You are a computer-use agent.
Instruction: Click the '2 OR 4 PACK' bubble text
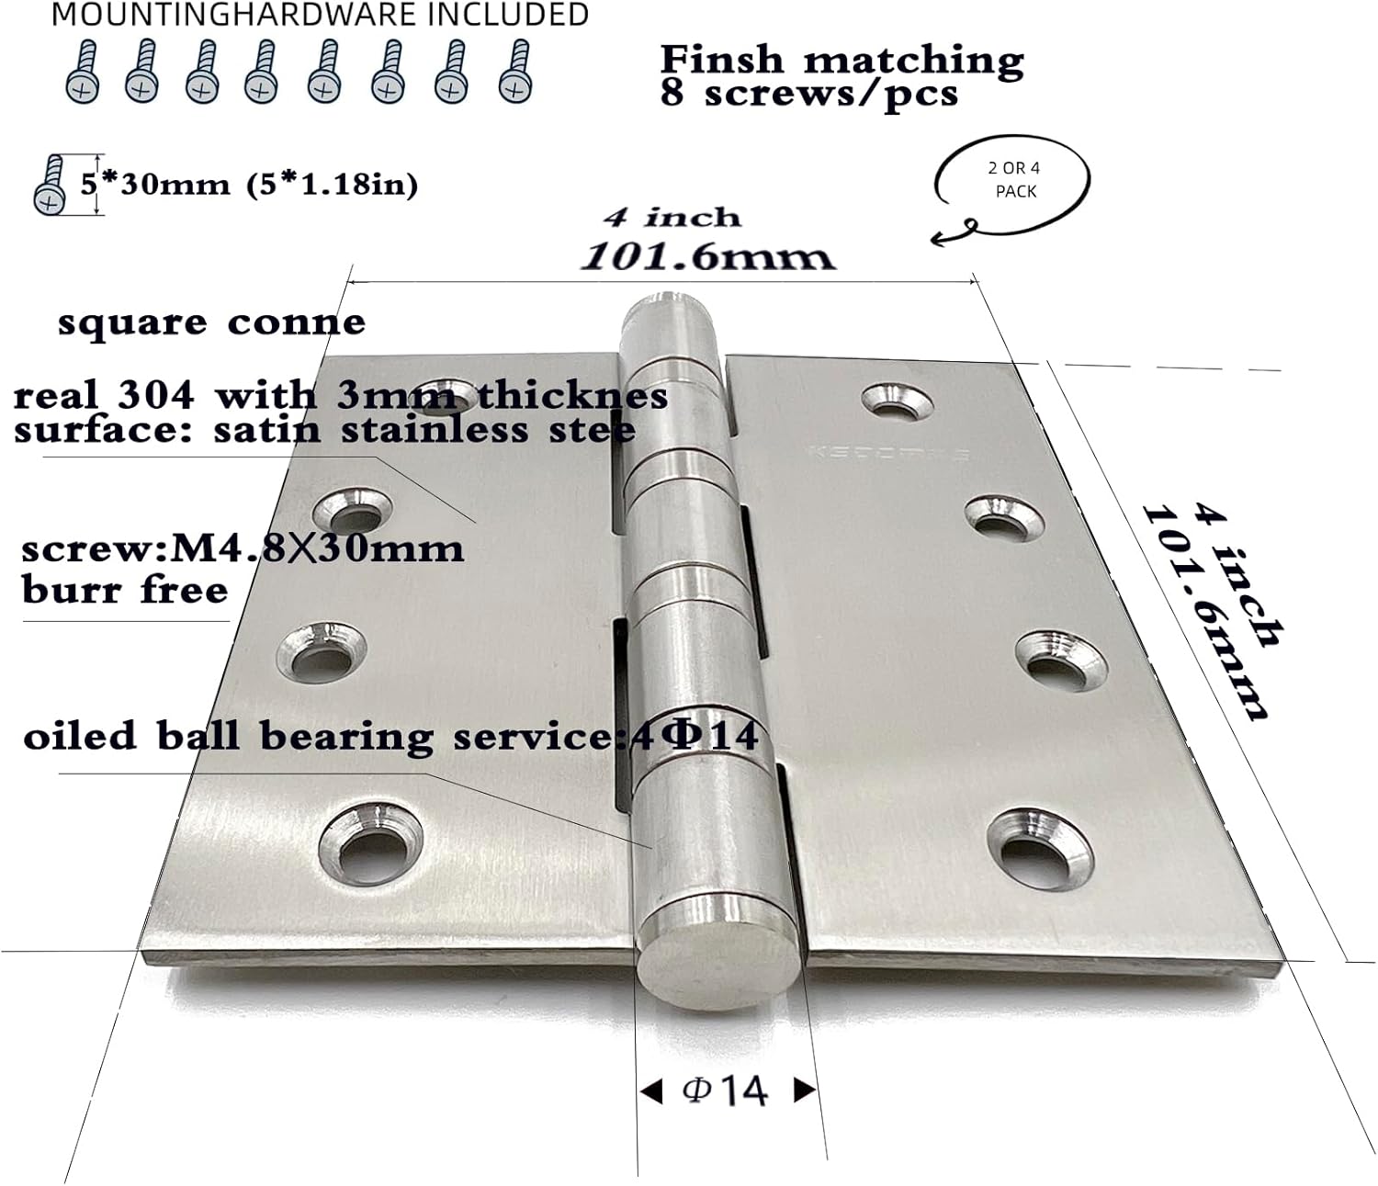pos(1013,180)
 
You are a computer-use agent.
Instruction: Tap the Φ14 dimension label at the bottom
pos(726,1090)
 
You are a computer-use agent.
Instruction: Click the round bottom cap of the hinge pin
pos(718,961)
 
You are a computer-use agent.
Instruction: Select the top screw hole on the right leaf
pos(898,401)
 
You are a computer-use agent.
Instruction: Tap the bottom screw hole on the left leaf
pos(370,842)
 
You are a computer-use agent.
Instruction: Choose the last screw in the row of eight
pos(516,72)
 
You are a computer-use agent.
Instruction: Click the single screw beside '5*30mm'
pos(50,185)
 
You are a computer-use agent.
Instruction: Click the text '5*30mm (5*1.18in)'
pos(249,185)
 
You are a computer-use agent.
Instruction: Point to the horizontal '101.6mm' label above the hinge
pos(707,255)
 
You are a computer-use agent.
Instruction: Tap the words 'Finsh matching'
pos(841,60)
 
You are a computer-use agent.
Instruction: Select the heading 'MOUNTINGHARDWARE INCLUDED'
pos(320,15)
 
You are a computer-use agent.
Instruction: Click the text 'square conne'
pos(211,322)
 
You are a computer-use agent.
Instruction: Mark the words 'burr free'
pos(125,590)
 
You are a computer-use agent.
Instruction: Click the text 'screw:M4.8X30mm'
pos(243,549)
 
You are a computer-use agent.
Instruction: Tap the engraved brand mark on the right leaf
pos(887,453)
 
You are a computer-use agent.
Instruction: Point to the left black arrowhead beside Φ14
pos(650,1091)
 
